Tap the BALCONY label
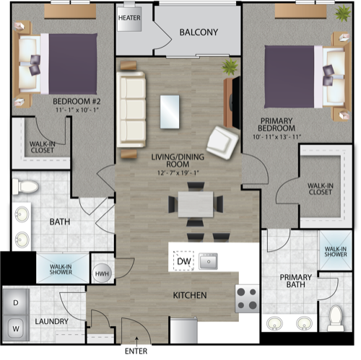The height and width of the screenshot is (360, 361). click(199, 32)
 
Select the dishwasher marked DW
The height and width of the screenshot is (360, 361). click(183, 261)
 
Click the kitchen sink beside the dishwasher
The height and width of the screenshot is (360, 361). click(208, 261)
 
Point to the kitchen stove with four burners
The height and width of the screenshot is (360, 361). click(247, 299)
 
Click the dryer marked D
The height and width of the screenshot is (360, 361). click(16, 302)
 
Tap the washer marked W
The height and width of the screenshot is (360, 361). click(16, 328)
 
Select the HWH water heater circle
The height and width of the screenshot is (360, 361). click(102, 273)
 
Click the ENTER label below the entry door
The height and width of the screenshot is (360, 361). click(136, 351)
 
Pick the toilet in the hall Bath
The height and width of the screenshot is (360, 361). click(25, 187)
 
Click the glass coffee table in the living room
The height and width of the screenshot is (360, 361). click(170, 112)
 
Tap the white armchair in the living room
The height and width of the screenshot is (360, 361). click(222, 142)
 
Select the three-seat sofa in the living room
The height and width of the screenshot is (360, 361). click(131, 110)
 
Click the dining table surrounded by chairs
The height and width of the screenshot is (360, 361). click(196, 204)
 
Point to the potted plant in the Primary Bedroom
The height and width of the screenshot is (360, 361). click(343, 13)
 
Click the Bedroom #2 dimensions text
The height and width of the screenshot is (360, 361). click(77, 110)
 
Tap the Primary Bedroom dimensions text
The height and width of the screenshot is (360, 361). click(277, 137)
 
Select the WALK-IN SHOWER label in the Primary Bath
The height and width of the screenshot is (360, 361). click(336, 252)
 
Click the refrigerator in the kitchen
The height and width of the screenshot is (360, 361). click(184, 330)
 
